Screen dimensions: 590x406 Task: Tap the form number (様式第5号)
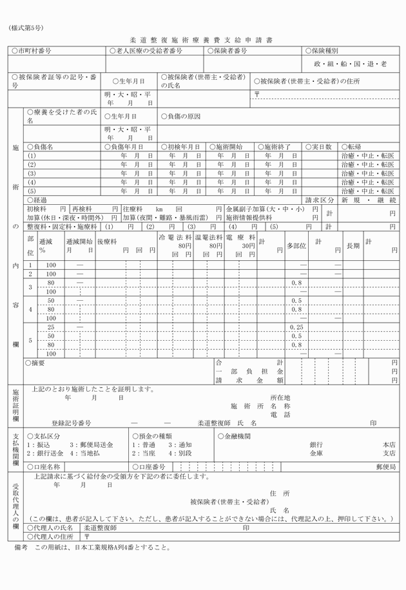point(26,28)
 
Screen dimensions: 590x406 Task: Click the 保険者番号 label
point(227,50)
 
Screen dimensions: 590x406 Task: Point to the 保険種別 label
point(326,50)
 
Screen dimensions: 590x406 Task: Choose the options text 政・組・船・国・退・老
point(351,64)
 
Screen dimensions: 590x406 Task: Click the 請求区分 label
point(320,200)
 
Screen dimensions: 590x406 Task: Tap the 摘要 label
point(36,363)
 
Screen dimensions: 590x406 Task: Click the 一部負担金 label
point(249,372)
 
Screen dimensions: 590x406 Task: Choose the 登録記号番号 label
point(72,423)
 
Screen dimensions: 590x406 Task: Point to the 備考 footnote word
point(21,548)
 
